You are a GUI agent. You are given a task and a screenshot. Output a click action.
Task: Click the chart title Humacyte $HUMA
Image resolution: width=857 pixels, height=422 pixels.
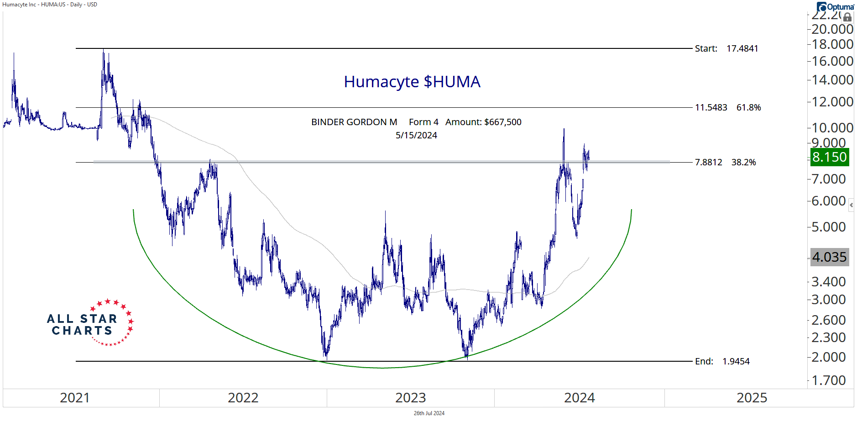[x=412, y=82]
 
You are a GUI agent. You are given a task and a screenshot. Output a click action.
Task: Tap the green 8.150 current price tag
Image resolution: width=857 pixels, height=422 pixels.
[x=829, y=157]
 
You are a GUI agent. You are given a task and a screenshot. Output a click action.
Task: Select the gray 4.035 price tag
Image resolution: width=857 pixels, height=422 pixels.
[x=829, y=257]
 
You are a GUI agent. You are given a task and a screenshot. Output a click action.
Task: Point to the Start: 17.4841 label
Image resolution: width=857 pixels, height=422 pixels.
[x=726, y=48]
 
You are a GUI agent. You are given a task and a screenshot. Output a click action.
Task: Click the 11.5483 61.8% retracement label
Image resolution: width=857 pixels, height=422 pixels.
[x=727, y=108]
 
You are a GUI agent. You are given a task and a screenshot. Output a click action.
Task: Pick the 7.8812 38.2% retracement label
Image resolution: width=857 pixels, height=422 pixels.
[x=725, y=162]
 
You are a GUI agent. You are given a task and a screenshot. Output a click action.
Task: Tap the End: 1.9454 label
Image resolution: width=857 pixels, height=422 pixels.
[x=722, y=361]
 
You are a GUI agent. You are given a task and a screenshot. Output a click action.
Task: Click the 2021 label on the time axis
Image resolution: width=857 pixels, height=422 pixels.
[x=75, y=398]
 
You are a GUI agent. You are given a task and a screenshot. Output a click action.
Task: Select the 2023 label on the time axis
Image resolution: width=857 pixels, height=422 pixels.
[x=410, y=398]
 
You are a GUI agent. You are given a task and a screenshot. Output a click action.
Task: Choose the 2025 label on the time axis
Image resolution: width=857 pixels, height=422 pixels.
[x=752, y=398]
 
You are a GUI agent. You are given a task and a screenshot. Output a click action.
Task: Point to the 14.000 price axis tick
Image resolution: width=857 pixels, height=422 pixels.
[x=832, y=80]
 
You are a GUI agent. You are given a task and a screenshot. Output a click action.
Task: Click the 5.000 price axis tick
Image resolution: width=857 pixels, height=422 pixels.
[x=828, y=227]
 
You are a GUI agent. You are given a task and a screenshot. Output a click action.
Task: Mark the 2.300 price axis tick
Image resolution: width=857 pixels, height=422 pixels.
[x=828, y=338]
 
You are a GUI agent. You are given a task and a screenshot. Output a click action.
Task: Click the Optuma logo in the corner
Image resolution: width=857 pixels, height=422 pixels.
[x=836, y=7]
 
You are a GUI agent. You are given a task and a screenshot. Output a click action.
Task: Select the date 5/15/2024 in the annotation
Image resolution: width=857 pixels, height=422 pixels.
[x=416, y=136]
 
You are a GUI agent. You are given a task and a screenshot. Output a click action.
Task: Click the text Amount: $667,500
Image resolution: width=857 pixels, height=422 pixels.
[x=483, y=122]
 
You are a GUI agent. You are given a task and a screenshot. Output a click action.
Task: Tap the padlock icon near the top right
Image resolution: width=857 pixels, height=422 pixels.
[x=847, y=17]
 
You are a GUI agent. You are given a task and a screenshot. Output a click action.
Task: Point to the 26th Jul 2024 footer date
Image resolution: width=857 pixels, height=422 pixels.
[x=429, y=413]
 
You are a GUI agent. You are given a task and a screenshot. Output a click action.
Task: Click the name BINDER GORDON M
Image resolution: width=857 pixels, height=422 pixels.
[x=354, y=122]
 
